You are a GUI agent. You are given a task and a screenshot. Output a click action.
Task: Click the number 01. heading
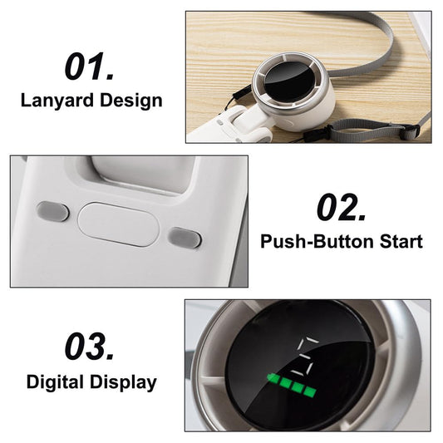pyautogui.click(x=90, y=66)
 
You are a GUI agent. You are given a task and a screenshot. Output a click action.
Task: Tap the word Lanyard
pyautogui.click(x=57, y=101)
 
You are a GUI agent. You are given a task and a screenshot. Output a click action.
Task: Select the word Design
pyautogui.click(x=131, y=101)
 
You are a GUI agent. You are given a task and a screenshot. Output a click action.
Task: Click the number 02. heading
pyautogui.click(x=342, y=208)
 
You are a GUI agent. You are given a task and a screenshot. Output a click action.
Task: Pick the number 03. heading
pyautogui.click(x=90, y=346)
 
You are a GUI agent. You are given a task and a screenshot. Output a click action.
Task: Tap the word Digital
pyautogui.click(x=55, y=383)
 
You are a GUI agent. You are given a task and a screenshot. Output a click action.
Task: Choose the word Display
pyautogui.click(x=124, y=383)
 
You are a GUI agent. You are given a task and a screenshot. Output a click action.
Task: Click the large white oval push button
pyautogui.click(x=118, y=224)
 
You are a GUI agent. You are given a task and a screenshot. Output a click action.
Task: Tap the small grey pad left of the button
pyautogui.click(x=52, y=211)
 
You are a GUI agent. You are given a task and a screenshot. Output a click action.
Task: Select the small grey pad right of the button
pyautogui.click(x=185, y=238)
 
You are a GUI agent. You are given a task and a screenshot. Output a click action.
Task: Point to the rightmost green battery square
pyautogui.click(x=310, y=392)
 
